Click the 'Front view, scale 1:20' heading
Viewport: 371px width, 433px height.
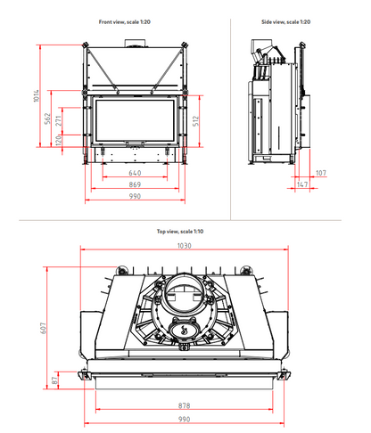[x=125, y=22]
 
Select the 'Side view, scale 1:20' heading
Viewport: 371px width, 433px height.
[x=285, y=22]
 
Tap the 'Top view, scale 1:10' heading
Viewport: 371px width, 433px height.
[x=180, y=232]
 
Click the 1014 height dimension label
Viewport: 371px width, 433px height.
[x=37, y=95]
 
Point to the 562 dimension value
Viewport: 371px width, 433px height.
[x=47, y=118]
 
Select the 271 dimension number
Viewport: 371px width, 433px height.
[x=59, y=120]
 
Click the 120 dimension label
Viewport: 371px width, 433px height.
[x=59, y=140]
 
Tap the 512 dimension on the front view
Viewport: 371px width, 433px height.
[x=195, y=121]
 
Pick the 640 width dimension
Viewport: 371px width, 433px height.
[x=135, y=173]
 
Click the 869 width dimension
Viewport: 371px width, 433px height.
[x=135, y=184]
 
